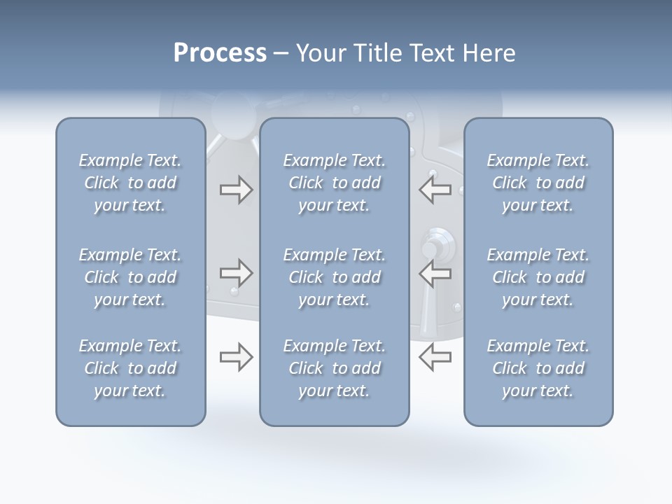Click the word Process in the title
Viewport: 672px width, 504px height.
tap(220, 53)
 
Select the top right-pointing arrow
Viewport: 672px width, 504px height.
tap(236, 190)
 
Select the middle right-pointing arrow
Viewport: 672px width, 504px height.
tap(236, 272)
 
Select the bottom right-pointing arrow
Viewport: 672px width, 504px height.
tap(236, 357)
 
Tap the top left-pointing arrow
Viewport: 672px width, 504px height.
tap(435, 190)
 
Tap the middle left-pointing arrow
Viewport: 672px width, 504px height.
tap(435, 272)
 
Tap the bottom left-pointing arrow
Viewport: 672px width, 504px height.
tap(435, 357)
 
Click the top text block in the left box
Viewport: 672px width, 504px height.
tap(130, 183)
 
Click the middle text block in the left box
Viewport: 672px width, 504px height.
tap(130, 277)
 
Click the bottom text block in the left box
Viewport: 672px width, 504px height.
tap(130, 368)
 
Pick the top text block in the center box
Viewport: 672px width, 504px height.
tap(334, 183)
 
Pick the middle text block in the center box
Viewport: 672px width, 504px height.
tap(334, 277)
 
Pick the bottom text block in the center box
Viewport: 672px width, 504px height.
tap(334, 368)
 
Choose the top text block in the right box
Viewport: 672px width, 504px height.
tap(538, 183)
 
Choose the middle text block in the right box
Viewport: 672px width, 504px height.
tap(538, 277)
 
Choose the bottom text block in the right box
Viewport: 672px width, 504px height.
tap(538, 368)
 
